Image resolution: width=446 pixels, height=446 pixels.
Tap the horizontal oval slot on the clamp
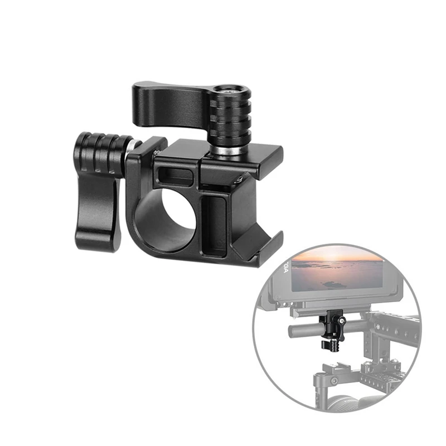[x=176, y=177]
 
